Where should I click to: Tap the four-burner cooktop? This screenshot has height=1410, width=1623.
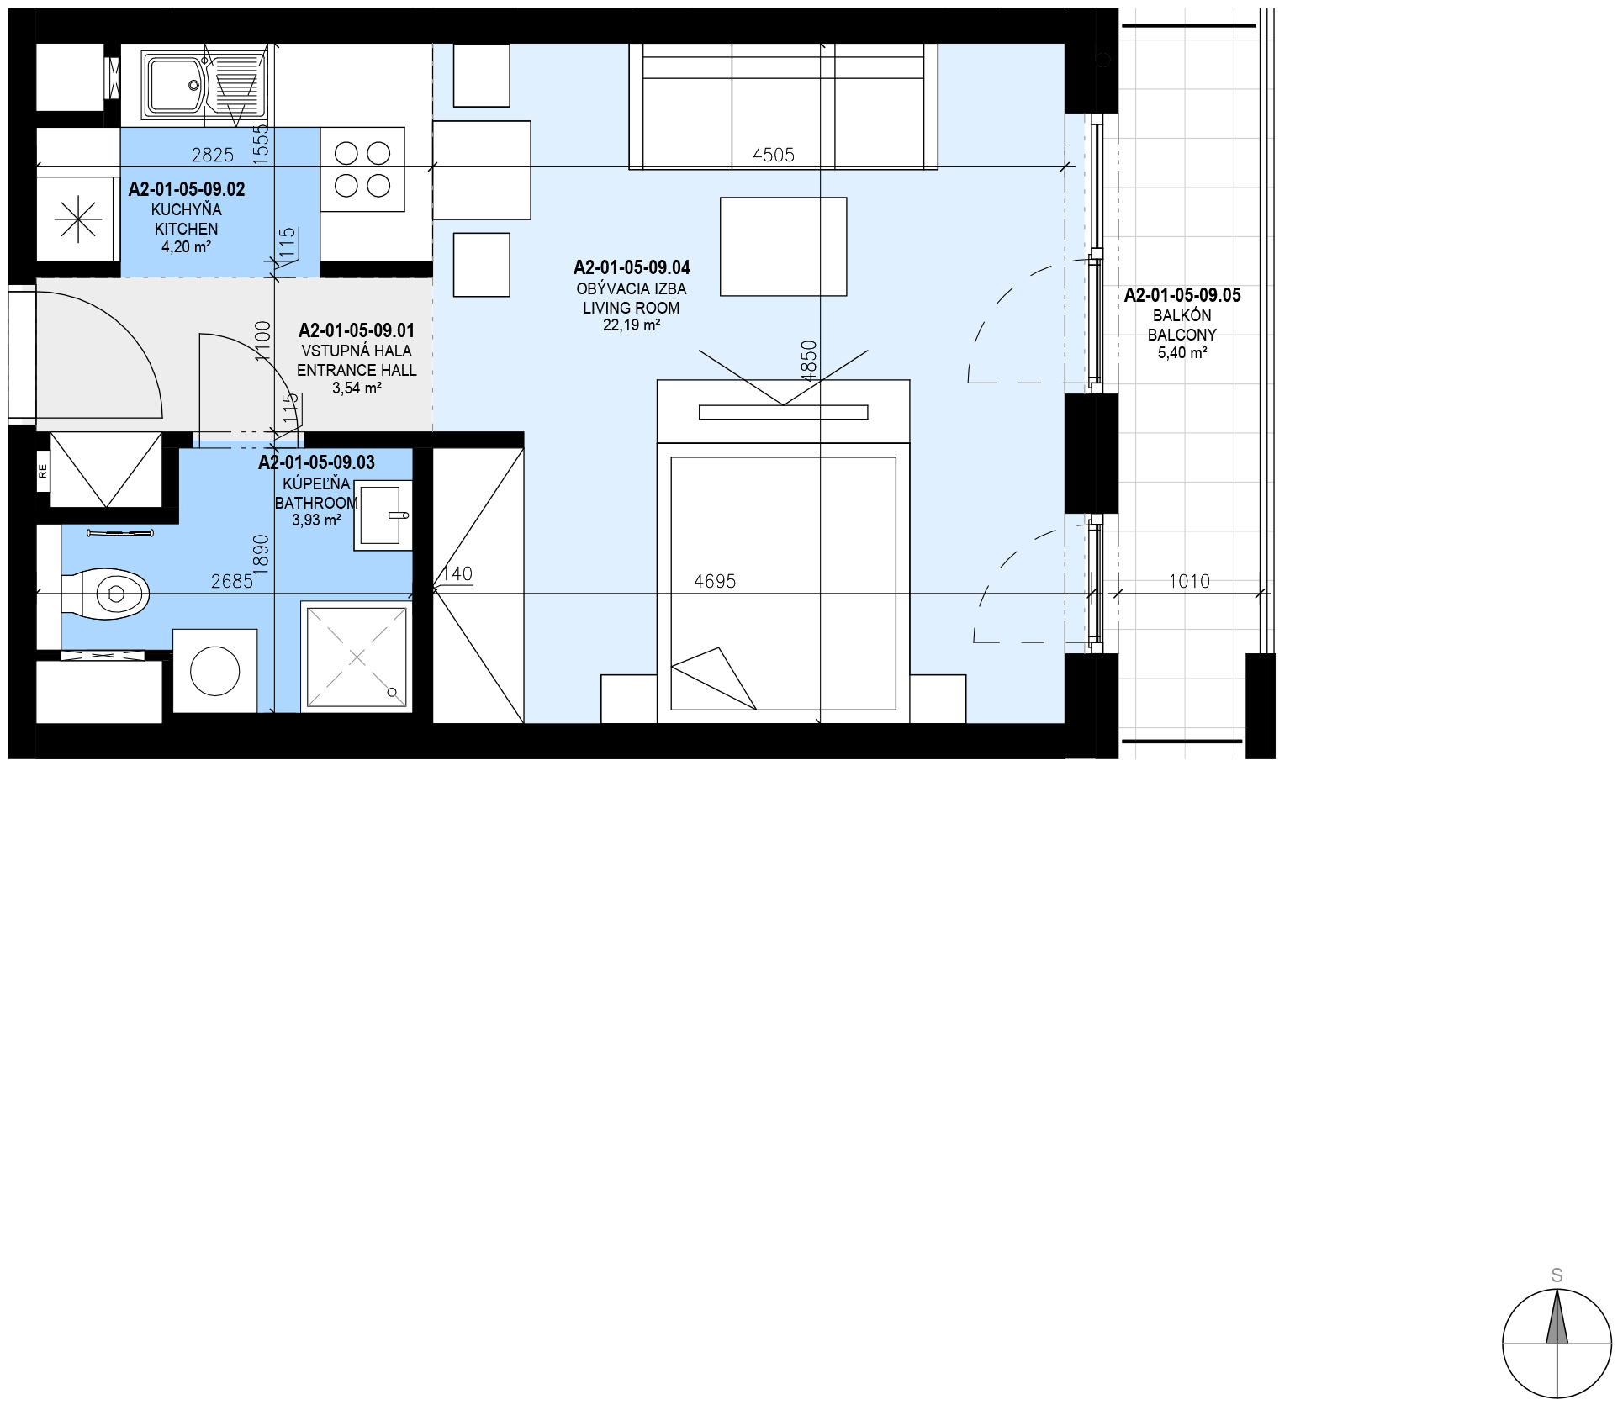pos(362,169)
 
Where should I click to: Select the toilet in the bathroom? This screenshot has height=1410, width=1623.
pos(105,594)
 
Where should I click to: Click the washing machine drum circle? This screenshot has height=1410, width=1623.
pos(214,670)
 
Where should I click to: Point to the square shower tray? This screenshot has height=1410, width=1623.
pos(357,657)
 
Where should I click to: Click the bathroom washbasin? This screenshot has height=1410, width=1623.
pos(383,515)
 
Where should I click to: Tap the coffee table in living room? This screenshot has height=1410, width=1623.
pos(783,246)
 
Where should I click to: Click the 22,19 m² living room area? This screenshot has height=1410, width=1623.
pos(631,326)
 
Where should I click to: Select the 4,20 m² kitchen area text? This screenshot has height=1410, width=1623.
pos(186,247)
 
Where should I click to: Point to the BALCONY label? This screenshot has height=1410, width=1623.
pos(1182,335)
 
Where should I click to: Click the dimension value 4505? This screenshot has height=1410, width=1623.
pos(773,155)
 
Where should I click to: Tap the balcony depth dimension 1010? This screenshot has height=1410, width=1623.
pos(1189,581)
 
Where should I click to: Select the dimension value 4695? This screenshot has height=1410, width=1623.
pos(715,581)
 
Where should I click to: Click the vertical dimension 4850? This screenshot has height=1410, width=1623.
pos(808,361)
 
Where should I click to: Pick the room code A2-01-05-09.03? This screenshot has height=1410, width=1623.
pos(316,462)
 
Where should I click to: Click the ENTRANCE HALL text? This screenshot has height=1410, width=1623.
pos(357,370)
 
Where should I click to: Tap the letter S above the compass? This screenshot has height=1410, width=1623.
pos(1557,1275)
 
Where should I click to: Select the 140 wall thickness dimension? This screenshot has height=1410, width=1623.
pos(457,574)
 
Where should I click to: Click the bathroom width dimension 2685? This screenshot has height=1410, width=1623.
pos(231,581)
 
